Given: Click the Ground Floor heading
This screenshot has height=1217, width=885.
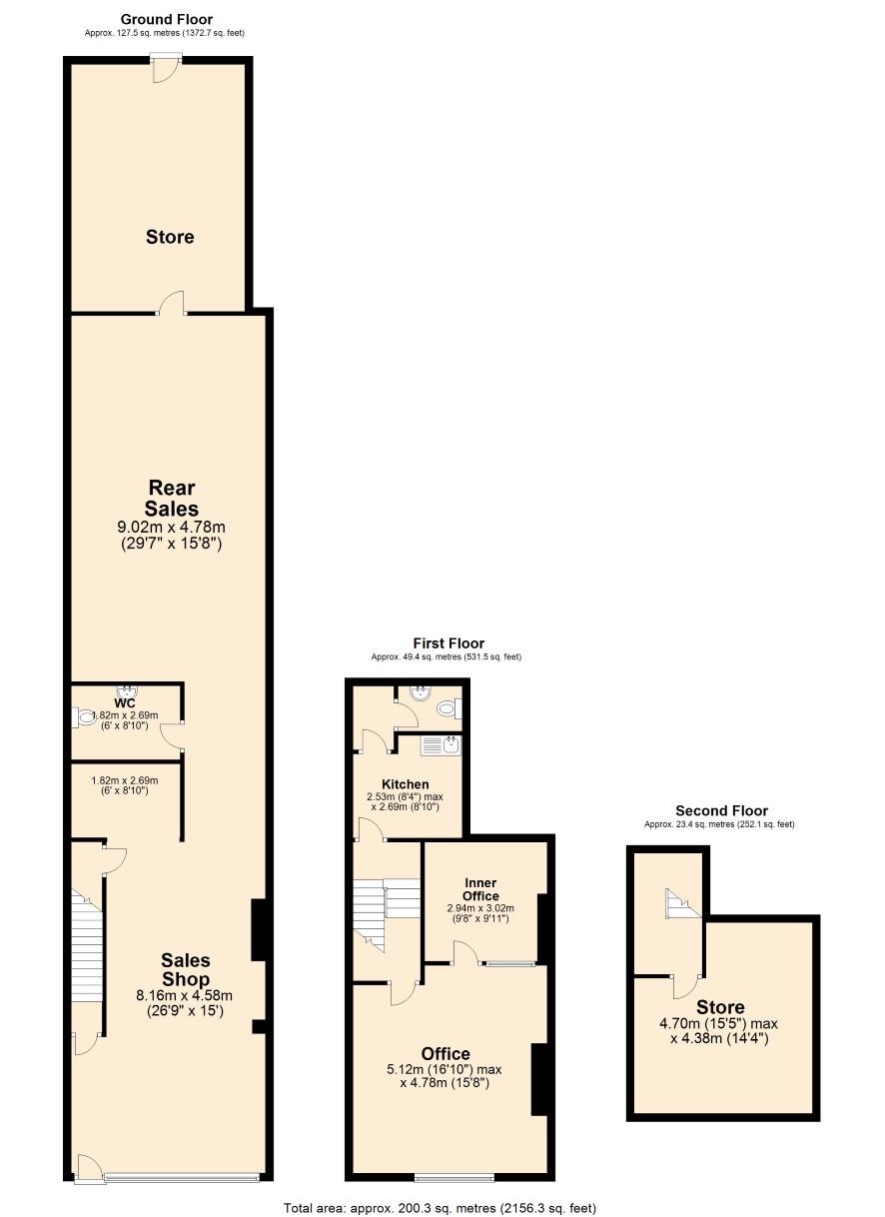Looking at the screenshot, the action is (x=166, y=20).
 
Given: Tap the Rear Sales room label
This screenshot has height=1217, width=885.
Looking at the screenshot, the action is (x=171, y=498).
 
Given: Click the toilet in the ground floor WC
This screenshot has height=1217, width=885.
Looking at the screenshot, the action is (x=84, y=717).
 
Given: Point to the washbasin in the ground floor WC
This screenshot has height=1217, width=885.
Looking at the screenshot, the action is (x=127, y=690).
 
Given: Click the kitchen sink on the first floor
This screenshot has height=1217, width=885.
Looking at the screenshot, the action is (x=441, y=745).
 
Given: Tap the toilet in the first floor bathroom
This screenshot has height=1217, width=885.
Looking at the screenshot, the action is (x=449, y=708).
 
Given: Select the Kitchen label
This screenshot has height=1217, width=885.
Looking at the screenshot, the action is (x=406, y=784).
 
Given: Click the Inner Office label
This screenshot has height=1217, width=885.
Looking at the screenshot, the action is (x=480, y=889).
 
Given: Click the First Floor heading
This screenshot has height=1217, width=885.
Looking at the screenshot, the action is (x=448, y=643).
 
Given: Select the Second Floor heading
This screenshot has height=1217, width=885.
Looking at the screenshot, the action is (x=721, y=810).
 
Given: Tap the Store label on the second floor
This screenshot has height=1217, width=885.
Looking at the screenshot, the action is (x=720, y=1007).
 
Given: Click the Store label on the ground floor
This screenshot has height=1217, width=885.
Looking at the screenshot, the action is (x=170, y=237).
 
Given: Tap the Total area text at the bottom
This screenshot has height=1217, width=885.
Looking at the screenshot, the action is (x=440, y=1208).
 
